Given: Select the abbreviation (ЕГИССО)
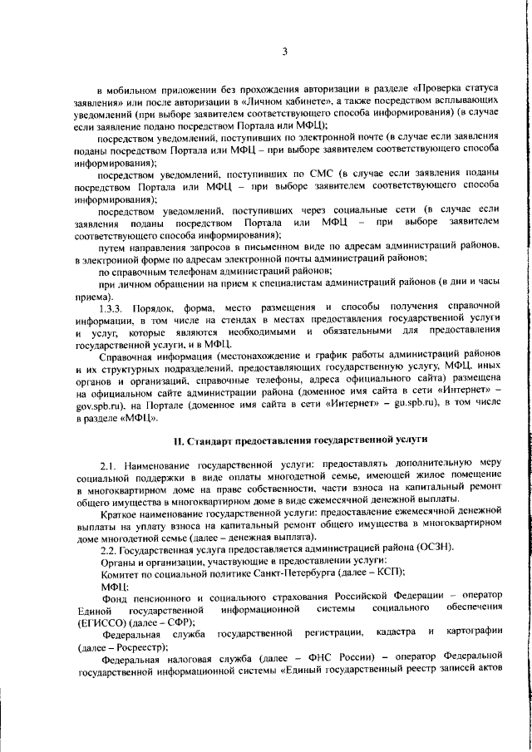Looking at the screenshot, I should point(101,645).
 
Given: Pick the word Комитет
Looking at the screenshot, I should point(121,597).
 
